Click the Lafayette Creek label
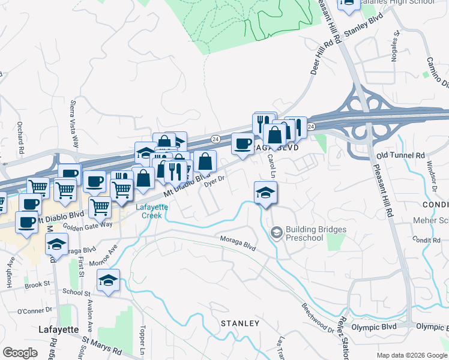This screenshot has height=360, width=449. [151, 211]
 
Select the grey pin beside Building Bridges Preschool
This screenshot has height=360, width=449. [277, 231]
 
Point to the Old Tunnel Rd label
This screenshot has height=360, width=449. [400, 155]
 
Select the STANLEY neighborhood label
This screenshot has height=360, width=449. [240, 323]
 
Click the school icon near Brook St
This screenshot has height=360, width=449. [109, 280]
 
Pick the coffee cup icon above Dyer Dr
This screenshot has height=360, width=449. [243, 144]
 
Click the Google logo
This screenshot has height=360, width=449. [20, 353]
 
